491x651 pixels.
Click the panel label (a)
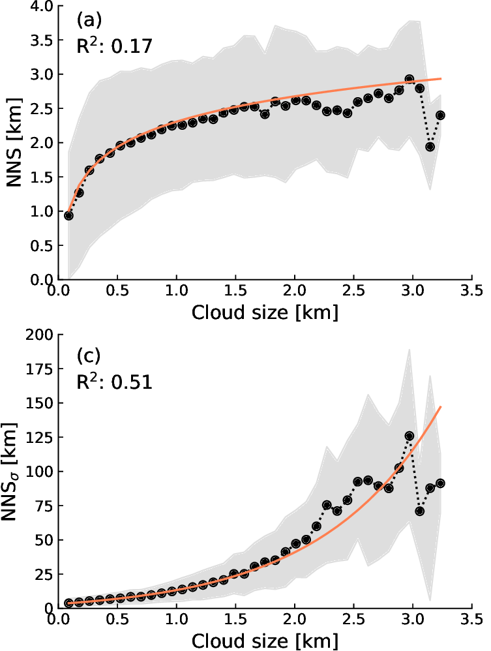89,20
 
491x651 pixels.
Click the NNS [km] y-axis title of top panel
14,142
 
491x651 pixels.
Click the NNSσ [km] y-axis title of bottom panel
14,471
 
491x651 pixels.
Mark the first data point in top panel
68,215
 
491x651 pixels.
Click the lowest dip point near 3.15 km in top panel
430,147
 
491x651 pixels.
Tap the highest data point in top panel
409,79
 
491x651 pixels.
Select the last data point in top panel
440,115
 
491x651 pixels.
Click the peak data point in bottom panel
409,436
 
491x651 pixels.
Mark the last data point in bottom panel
440,483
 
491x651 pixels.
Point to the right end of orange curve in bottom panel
441,407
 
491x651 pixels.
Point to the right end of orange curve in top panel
441,78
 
